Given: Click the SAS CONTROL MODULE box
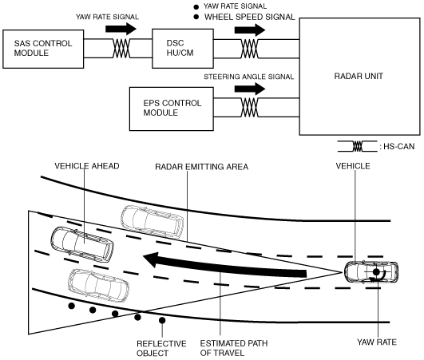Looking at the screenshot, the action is [x=43, y=49].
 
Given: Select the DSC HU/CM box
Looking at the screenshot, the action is [x=183, y=49].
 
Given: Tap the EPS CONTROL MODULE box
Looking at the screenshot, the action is [x=172, y=109].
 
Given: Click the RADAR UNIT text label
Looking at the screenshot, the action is [x=359, y=76].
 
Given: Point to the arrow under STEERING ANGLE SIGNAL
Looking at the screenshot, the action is [x=250, y=89].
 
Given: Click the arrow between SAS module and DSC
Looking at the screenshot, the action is [x=121, y=29].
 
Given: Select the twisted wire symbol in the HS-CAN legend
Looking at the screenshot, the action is [x=357, y=146].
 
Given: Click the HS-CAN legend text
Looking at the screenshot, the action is [x=397, y=147].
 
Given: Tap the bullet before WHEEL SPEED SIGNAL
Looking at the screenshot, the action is [x=196, y=17].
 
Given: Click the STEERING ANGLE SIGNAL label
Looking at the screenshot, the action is [x=249, y=77].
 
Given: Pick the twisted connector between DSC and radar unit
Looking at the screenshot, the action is [x=249, y=49].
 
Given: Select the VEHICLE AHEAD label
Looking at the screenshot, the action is [x=87, y=166].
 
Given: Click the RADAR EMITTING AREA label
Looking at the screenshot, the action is [x=201, y=167].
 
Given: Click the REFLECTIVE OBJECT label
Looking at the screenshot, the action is [x=161, y=348].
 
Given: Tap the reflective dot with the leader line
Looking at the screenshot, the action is [x=162, y=320].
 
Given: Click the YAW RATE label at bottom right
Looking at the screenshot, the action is [x=377, y=342].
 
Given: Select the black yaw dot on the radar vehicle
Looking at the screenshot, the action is [x=376, y=272].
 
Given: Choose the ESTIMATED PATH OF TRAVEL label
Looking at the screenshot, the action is [x=234, y=348].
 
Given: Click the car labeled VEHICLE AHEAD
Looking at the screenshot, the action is [x=82, y=244].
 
